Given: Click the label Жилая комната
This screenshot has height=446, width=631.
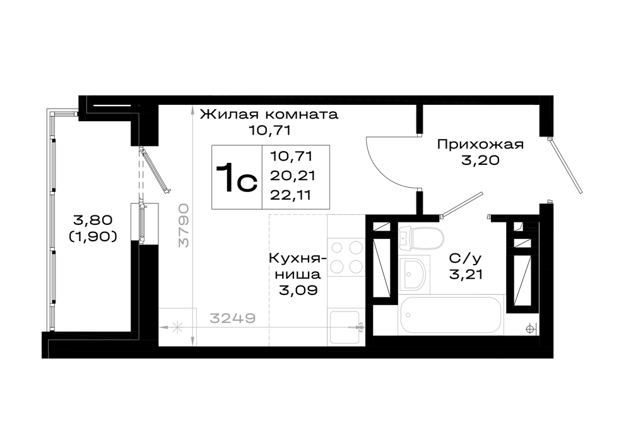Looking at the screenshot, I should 269,114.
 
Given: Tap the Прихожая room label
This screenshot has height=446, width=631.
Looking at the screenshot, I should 481,145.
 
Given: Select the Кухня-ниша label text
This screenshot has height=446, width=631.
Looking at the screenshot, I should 297,267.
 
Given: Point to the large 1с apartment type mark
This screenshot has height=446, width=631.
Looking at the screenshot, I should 237,178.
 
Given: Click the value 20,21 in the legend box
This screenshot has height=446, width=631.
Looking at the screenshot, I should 292,175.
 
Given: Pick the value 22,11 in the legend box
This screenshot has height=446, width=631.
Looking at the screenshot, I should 292,195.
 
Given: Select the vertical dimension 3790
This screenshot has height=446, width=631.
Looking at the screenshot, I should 184,224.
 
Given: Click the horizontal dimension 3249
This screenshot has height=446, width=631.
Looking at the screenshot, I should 233,318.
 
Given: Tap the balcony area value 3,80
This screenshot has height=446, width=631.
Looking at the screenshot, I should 93,220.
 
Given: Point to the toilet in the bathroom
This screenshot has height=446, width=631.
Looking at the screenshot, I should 422,238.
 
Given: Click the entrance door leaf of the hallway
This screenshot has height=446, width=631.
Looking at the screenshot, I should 565,165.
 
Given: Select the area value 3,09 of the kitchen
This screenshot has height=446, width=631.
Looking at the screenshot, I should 297,290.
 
